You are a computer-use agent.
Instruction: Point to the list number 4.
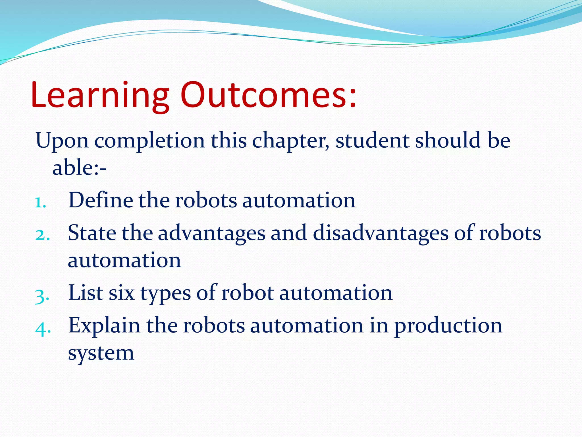click(x=43, y=329)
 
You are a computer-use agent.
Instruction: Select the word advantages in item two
click(x=211, y=233)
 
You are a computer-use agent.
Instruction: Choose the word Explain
click(x=104, y=326)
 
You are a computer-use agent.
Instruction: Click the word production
click(x=448, y=326)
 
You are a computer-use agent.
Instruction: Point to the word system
click(x=101, y=354)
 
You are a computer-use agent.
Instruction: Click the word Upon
click(x=62, y=141)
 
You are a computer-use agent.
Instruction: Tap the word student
click(x=373, y=140)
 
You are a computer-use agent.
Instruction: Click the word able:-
click(x=79, y=167)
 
